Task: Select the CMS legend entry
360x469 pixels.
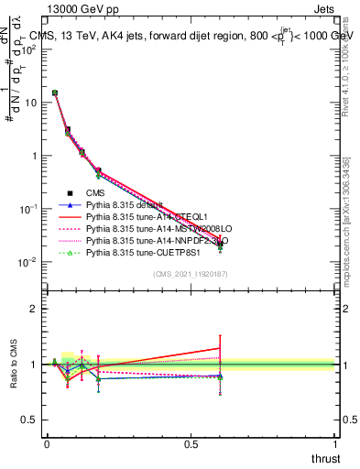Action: coord(95,193)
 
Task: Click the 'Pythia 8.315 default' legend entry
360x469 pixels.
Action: coord(125,205)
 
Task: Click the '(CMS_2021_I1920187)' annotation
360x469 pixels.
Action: coord(190,275)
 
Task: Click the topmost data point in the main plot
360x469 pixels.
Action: coord(55,93)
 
